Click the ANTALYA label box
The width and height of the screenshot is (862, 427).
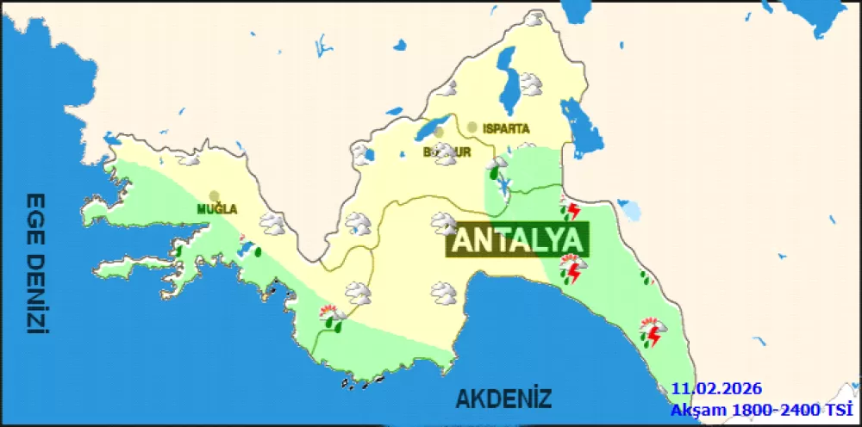point(517,240)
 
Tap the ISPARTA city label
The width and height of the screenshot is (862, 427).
point(506,128)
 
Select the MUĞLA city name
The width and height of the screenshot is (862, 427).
point(216,208)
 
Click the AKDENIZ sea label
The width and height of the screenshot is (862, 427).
point(503,399)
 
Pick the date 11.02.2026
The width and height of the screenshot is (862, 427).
point(717,389)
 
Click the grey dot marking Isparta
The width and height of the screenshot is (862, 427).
point(472,127)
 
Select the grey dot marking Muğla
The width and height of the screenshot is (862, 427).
point(214,195)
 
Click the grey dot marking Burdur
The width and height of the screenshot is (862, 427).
point(439,133)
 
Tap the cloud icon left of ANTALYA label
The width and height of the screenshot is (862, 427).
point(444,223)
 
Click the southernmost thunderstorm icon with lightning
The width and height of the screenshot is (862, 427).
point(651,331)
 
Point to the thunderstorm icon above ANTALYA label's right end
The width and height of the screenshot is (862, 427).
point(570,210)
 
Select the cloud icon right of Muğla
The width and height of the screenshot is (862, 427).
point(273,224)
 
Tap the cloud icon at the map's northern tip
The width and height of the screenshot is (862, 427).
point(534,19)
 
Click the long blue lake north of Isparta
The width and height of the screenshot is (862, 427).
point(505,79)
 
